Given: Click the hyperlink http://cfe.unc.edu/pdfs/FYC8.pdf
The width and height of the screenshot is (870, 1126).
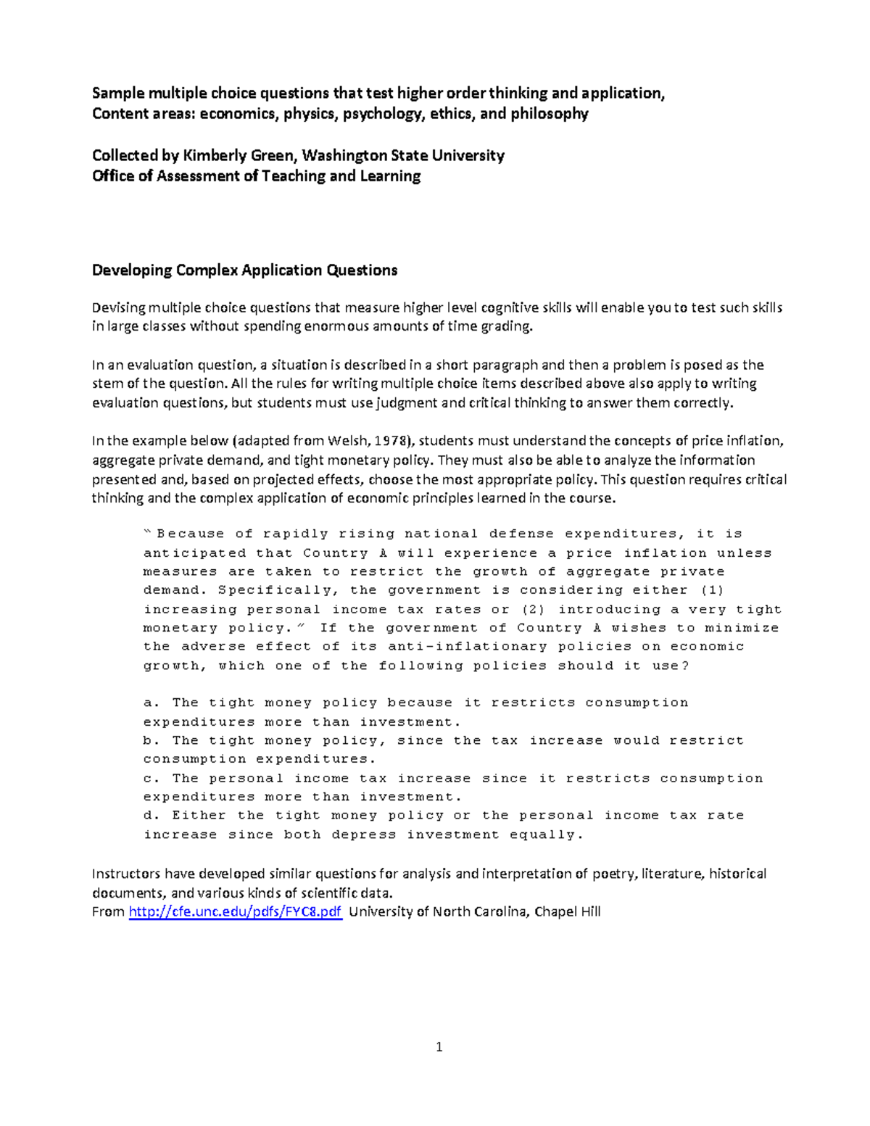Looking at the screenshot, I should click(x=235, y=911).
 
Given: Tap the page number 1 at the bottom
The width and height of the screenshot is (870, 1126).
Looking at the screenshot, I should click(x=439, y=1046).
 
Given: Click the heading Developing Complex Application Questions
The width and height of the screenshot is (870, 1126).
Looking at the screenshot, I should click(x=244, y=270).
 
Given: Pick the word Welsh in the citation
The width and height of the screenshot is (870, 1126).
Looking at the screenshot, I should click(x=345, y=441).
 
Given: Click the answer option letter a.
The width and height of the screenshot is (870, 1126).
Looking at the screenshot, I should click(x=149, y=703).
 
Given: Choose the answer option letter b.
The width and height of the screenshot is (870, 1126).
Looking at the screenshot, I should click(x=149, y=740).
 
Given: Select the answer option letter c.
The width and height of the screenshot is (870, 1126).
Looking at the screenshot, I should click(x=149, y=778).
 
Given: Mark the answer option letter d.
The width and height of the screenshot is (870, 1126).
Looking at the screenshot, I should click(x=149, y=815).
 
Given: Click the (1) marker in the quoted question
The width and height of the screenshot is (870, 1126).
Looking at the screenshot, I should click(x=712, y=590).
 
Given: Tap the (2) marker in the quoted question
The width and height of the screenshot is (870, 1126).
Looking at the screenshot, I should click(x=533, y=609).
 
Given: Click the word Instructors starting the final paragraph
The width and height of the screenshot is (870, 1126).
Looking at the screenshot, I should click(x=126, y=874).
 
